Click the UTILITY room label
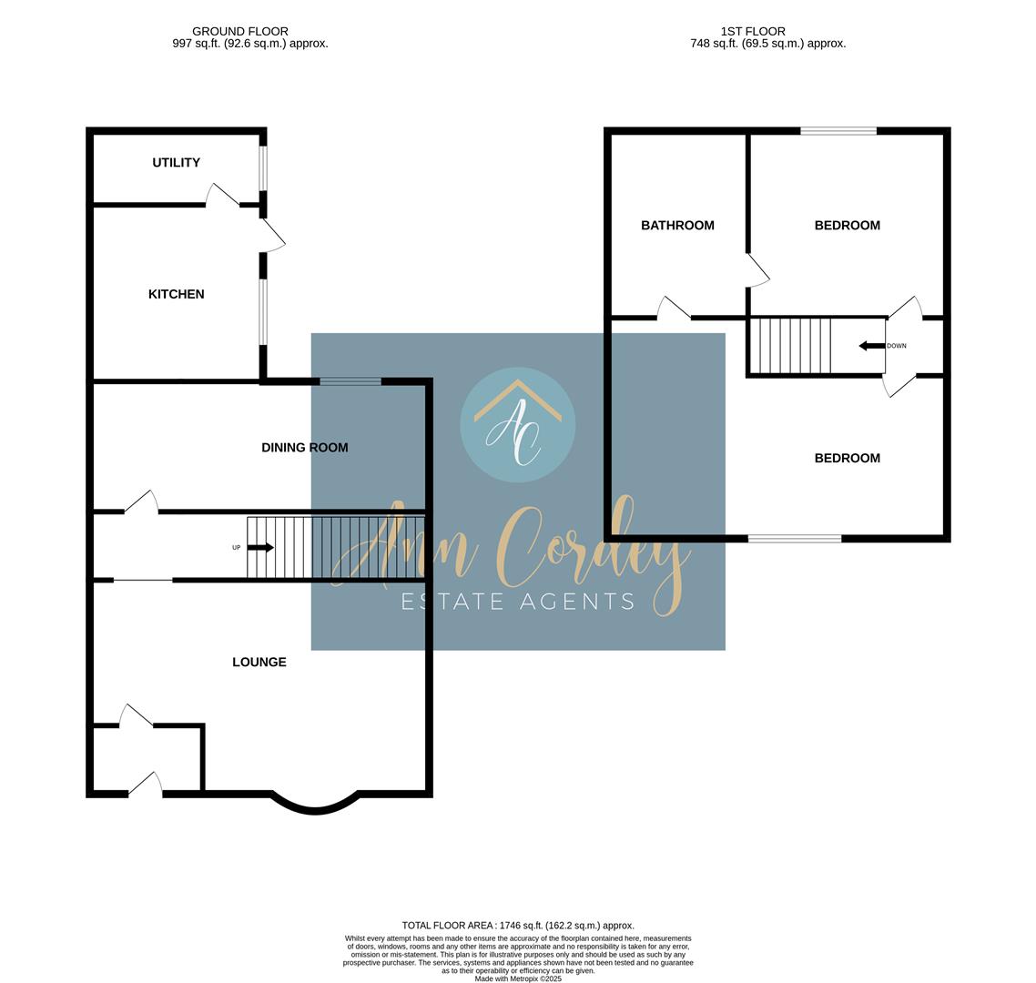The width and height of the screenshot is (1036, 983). click(x=176, y=163)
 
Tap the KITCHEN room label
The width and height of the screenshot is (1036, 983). click(x=176, y=294)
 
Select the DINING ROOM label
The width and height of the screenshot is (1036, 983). click(x=305, y=447)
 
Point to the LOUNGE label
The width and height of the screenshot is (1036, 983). click(x=259, y=662)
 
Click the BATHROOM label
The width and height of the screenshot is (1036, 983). click(x=677, y=226)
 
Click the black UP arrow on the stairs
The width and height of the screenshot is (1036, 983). click(x=260, y=548)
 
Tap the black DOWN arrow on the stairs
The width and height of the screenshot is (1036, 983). click(x=871, y=346)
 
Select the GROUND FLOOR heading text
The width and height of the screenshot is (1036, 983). click(x=239, y=31)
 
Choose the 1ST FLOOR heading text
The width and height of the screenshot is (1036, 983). click(x=753, y=31)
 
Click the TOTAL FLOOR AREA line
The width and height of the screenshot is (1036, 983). click(x=518, y=926)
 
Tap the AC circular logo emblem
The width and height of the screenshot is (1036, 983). click(x=518, y=425)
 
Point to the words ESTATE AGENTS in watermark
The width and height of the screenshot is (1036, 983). click(x=518, y=602)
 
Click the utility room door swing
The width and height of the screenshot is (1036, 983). click(x=223, y=194)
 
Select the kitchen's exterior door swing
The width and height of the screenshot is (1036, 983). click(x=273, y=235)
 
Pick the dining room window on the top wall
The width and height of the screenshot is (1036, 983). click(x=350, y=381)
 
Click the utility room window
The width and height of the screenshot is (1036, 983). click(x=262, y=168)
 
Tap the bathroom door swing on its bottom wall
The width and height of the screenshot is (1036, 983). click(x=674, y=308)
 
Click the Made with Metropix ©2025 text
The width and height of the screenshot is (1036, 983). click(x=518, y=978)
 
